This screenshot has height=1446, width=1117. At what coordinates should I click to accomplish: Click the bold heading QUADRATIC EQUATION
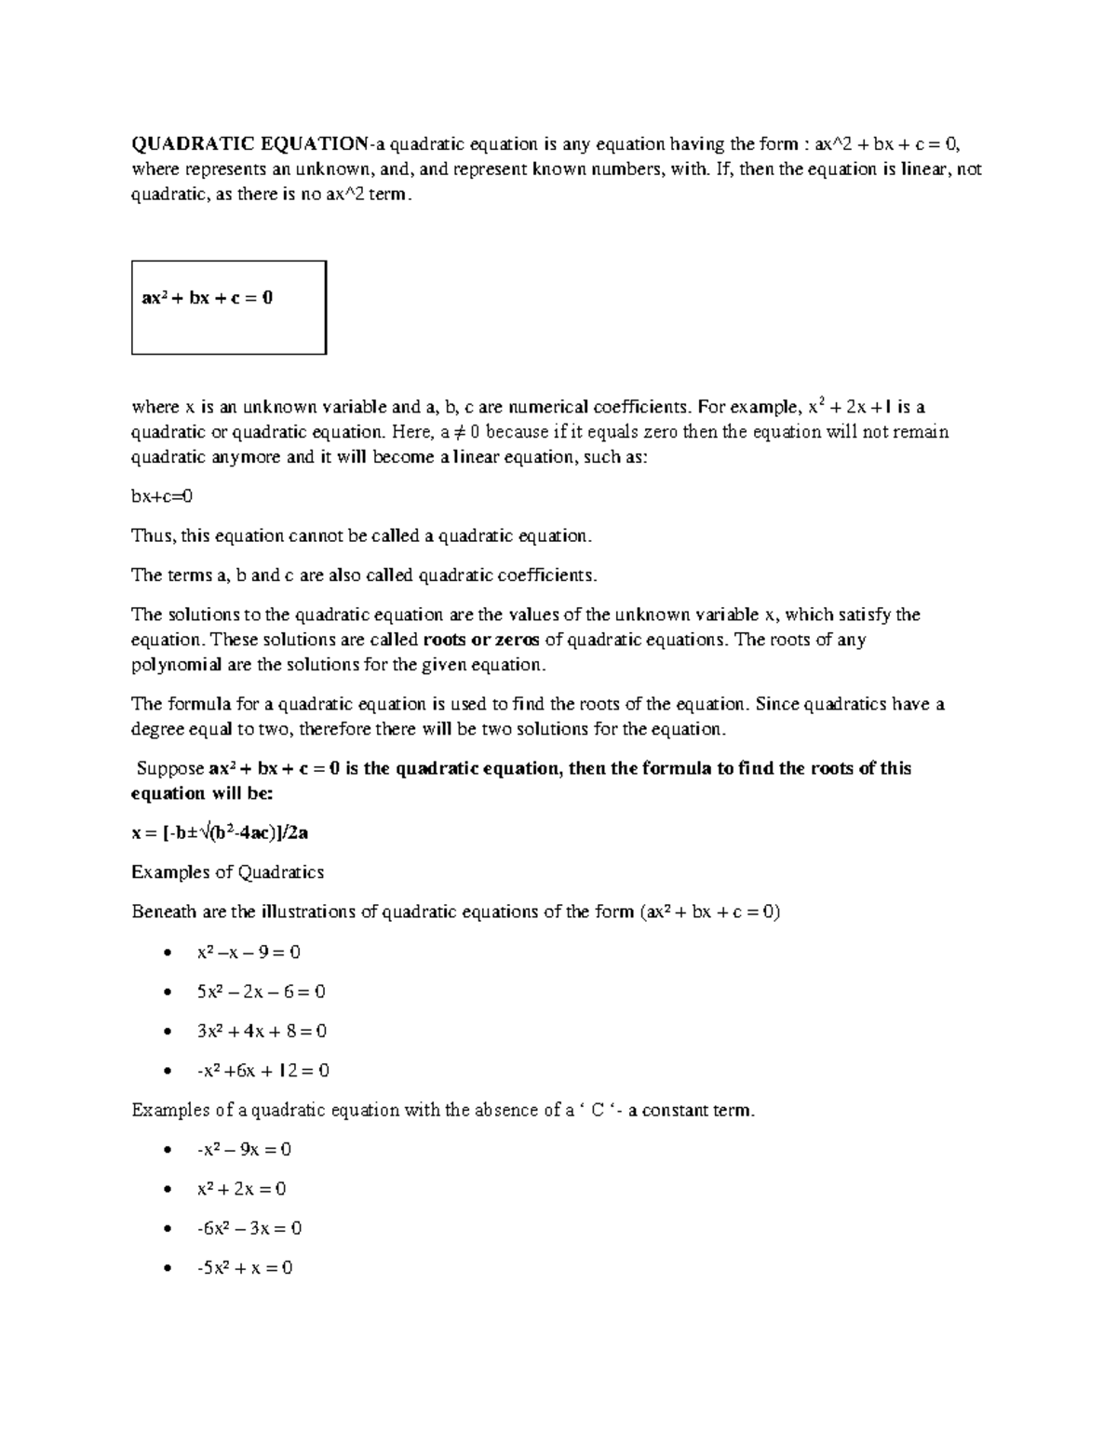249,144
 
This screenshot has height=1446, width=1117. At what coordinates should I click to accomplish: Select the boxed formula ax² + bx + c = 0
207,299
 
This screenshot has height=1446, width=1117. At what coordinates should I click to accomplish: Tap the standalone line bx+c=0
162,496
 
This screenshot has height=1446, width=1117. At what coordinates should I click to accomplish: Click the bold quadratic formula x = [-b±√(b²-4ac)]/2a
220,832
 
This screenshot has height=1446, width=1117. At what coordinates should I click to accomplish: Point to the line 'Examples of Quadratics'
228,872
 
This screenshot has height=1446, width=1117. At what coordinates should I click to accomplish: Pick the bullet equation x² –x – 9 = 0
249,953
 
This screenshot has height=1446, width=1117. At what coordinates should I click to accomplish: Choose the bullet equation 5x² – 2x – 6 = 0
261,992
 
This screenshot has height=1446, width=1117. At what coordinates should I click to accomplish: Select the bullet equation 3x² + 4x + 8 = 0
262,1031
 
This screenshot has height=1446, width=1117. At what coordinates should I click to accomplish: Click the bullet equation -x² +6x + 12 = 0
263,1071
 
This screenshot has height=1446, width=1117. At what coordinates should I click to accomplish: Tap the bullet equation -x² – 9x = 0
244,1150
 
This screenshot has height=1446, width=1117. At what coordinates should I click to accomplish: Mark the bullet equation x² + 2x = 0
241,1189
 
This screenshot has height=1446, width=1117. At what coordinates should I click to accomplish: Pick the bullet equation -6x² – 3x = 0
249,1228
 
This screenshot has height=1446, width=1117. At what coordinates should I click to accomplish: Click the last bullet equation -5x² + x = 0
245,1268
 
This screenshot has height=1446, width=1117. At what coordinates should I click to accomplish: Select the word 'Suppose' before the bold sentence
170,769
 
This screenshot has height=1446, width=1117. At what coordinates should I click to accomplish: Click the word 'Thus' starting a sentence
152,536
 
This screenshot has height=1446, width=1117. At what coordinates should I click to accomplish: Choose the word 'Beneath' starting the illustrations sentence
165,912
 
